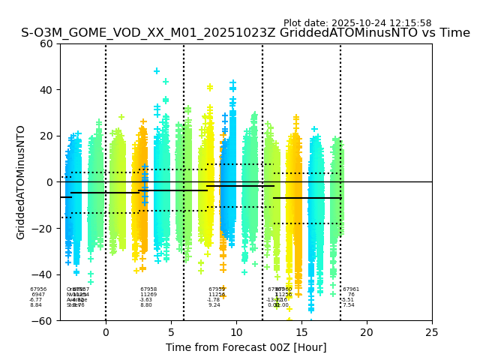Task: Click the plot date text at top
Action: (357, 23)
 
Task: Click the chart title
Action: (245, 33)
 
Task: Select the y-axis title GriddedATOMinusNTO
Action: (21, 182)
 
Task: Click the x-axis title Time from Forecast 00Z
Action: (246, 347)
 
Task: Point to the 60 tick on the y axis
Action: (47, 43)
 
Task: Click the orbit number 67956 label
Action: (38, 289)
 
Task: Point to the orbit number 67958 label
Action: (148, 289)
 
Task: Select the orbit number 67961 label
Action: (351, 289)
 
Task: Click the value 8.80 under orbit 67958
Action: (146, 305)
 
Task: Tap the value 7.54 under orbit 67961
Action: (349, 305)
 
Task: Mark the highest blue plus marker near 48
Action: (157, 71)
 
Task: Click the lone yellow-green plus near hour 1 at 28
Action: (121, 117)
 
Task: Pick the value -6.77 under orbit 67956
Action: (36, 300)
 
